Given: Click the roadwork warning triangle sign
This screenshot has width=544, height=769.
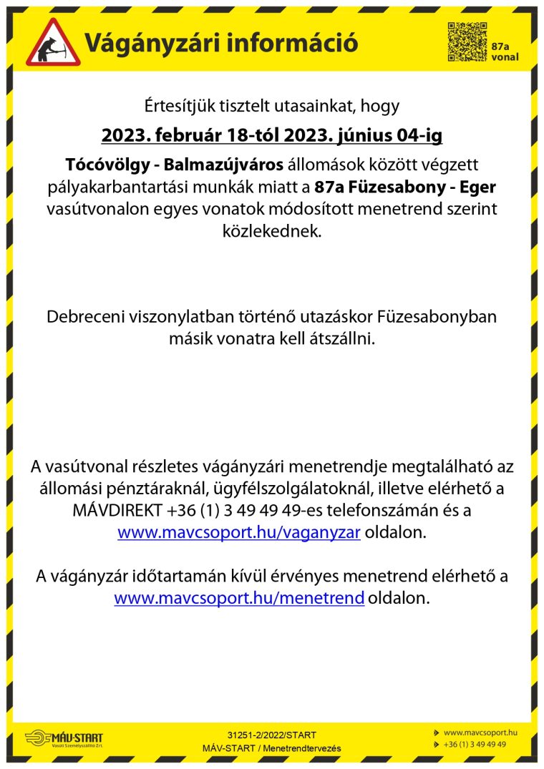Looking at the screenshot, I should pos(53,42).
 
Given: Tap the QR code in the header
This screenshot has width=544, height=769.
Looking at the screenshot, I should pos(467,42).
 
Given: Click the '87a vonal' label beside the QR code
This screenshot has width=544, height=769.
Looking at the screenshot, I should pos(505,52).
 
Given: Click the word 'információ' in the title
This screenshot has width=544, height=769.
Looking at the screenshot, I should pos(291,43).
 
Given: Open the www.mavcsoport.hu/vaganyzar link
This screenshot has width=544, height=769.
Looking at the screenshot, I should pos(239,532).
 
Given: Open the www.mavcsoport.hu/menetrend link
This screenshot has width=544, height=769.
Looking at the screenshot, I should pos(239,598).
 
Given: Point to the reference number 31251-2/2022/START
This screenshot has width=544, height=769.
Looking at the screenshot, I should pos(271,735).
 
